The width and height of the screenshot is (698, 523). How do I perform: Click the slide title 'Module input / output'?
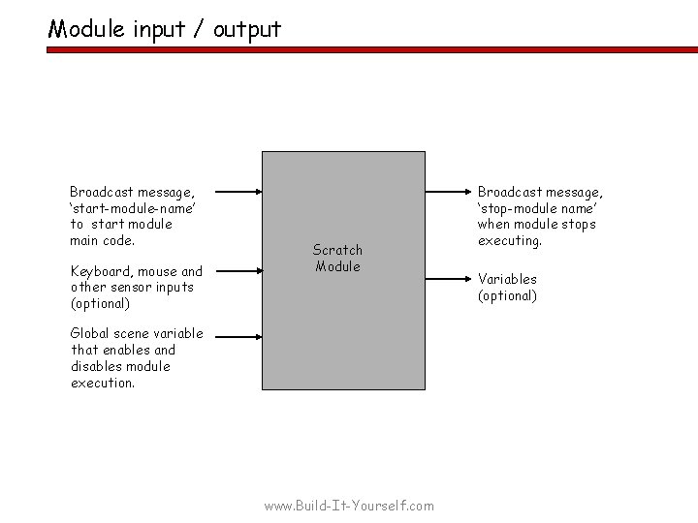tap(165, 29)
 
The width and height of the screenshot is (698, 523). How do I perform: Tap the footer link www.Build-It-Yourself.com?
tap(350, 506)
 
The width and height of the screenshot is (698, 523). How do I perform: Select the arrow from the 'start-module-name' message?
tap(238, 191)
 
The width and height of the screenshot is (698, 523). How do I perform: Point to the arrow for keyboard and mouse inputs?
tap(238, 272)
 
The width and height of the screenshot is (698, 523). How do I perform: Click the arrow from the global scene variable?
tap(238, 337)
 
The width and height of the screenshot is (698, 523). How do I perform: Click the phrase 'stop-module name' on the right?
tap(539, 207)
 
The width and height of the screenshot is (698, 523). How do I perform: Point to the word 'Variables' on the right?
tap(507, 279)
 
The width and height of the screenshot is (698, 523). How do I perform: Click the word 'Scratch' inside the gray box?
tap(337, 250)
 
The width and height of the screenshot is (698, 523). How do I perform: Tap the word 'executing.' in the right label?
tap(509, 240)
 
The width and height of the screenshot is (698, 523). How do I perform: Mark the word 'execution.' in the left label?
tap(103, 383)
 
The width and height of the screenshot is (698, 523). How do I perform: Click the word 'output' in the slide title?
tap(247, 29)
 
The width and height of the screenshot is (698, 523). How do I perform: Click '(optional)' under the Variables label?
tap(507, 295)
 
